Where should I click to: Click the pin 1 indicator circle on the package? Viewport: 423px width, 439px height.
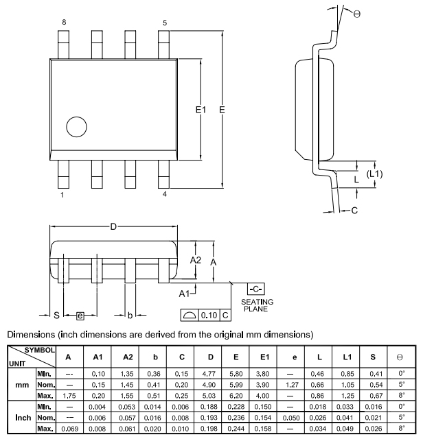tap(76, 127)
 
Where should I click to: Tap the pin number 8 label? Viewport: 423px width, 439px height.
tap(64, 23)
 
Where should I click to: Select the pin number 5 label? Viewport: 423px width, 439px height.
tap(165, 23)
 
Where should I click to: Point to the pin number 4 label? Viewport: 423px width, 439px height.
tap(165, 194)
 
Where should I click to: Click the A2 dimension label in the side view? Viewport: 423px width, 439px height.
tap(195, 260)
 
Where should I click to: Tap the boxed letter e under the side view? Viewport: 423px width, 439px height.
tap(80, 316)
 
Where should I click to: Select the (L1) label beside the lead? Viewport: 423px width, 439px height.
tap(374, 174)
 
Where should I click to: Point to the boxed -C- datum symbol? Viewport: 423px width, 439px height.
tap(256, 289)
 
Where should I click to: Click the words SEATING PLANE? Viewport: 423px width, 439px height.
tap(258, 305)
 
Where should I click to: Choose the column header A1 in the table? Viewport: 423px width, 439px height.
tap(98, 357)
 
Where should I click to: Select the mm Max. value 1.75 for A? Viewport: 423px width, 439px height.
tap(68, 396)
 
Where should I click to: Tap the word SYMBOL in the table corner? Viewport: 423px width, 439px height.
tap(39, 350)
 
